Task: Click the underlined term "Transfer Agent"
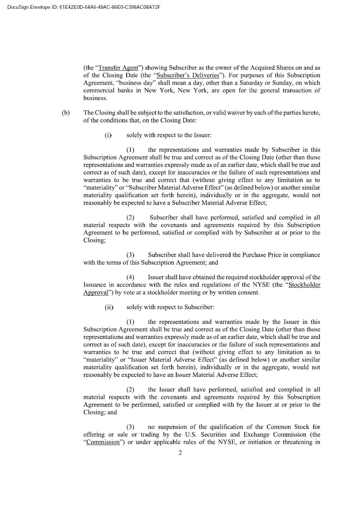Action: pyautogui.click(x=118, y=68)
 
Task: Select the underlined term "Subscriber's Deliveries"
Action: pyautogui.click(x=188, y=76)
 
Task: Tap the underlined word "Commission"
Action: pyautogui.click(x=103, y=442)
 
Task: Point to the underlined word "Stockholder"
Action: pyautogui.click(x=304, y=285)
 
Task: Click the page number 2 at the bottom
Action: pyautogui.click(x=180, y=453)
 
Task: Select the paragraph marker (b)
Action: pyautogui.click(x=66, y=113)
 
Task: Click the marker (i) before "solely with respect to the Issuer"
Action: pyautogui.click(x=108, y=135)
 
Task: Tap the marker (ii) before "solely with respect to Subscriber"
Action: pyautogui.click(x=109, y=307)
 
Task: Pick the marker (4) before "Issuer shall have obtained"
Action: pyautogui.click(x=130, y=277)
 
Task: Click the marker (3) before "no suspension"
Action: pyautogui.click(x=130, y=427)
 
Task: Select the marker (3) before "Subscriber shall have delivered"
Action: pyautogui.click(x=130, y=255)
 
